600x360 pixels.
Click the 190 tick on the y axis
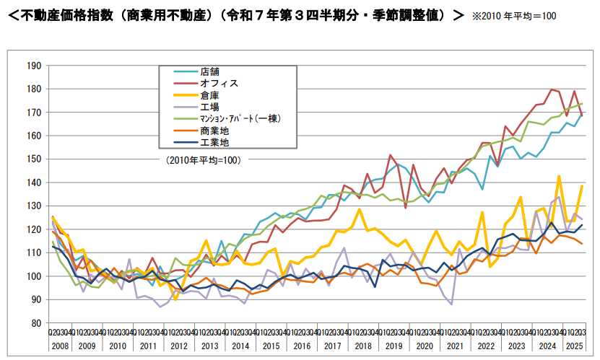coord(33,66)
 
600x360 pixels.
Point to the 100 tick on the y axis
coord(33,276)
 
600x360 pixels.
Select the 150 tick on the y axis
coord(33,159)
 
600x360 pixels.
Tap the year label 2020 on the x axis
coord(425,346)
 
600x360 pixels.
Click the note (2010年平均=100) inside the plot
coord(203,160)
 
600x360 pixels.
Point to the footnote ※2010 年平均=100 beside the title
coord(514,15)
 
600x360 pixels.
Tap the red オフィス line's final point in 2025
coord(582,115)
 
